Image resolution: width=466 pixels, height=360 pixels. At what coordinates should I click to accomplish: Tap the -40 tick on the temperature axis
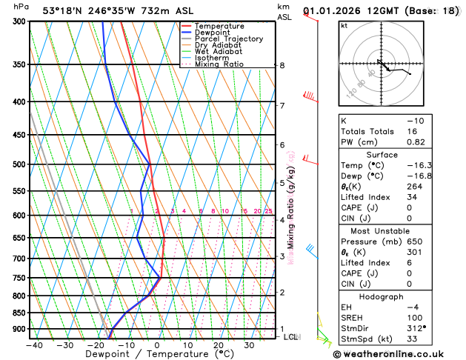tap(33, 344)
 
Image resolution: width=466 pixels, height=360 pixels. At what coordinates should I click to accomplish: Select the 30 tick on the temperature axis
tap(250, 344)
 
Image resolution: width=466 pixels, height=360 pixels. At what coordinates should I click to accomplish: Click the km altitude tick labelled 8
tap(282, 65)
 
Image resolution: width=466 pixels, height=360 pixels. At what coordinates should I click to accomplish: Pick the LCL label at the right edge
tap(292, 337)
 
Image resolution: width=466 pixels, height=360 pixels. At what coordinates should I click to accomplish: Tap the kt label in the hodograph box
tap(344, 25)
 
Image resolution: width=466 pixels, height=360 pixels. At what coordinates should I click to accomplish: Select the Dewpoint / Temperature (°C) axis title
tap(141, 354)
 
